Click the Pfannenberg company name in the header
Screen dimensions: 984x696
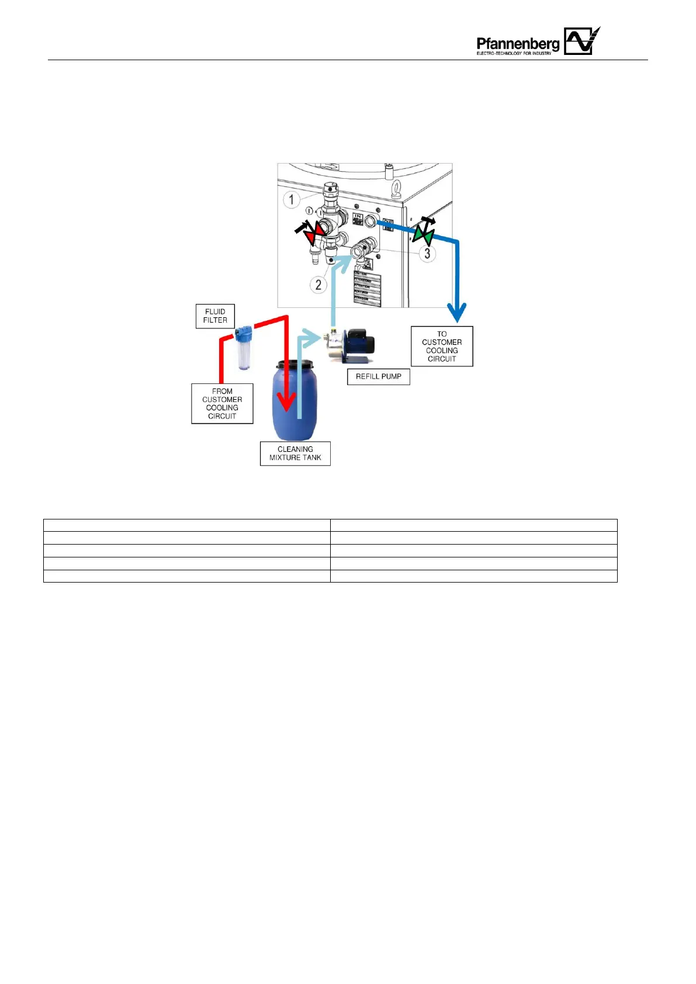point(517,43)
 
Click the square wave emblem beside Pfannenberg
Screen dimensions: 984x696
point(581,41)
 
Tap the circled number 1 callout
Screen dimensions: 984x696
point(292,200)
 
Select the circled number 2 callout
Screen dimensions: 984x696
point(318,285)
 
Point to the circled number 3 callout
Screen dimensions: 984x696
point(427,254)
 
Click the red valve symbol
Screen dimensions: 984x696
point(314,233)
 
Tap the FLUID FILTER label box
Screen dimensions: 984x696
point(215,316)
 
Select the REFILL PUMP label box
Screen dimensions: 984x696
point(378,377)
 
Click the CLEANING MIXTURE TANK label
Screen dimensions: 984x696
point(295,453)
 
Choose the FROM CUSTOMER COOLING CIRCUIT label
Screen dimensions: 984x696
point(222,404)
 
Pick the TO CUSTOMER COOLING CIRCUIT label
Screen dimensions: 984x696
point(442,347)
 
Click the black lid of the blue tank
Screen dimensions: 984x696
point(295,364)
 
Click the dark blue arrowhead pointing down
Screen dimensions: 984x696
point(457,312)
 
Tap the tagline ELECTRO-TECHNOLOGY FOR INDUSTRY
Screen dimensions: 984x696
point(514,53)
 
